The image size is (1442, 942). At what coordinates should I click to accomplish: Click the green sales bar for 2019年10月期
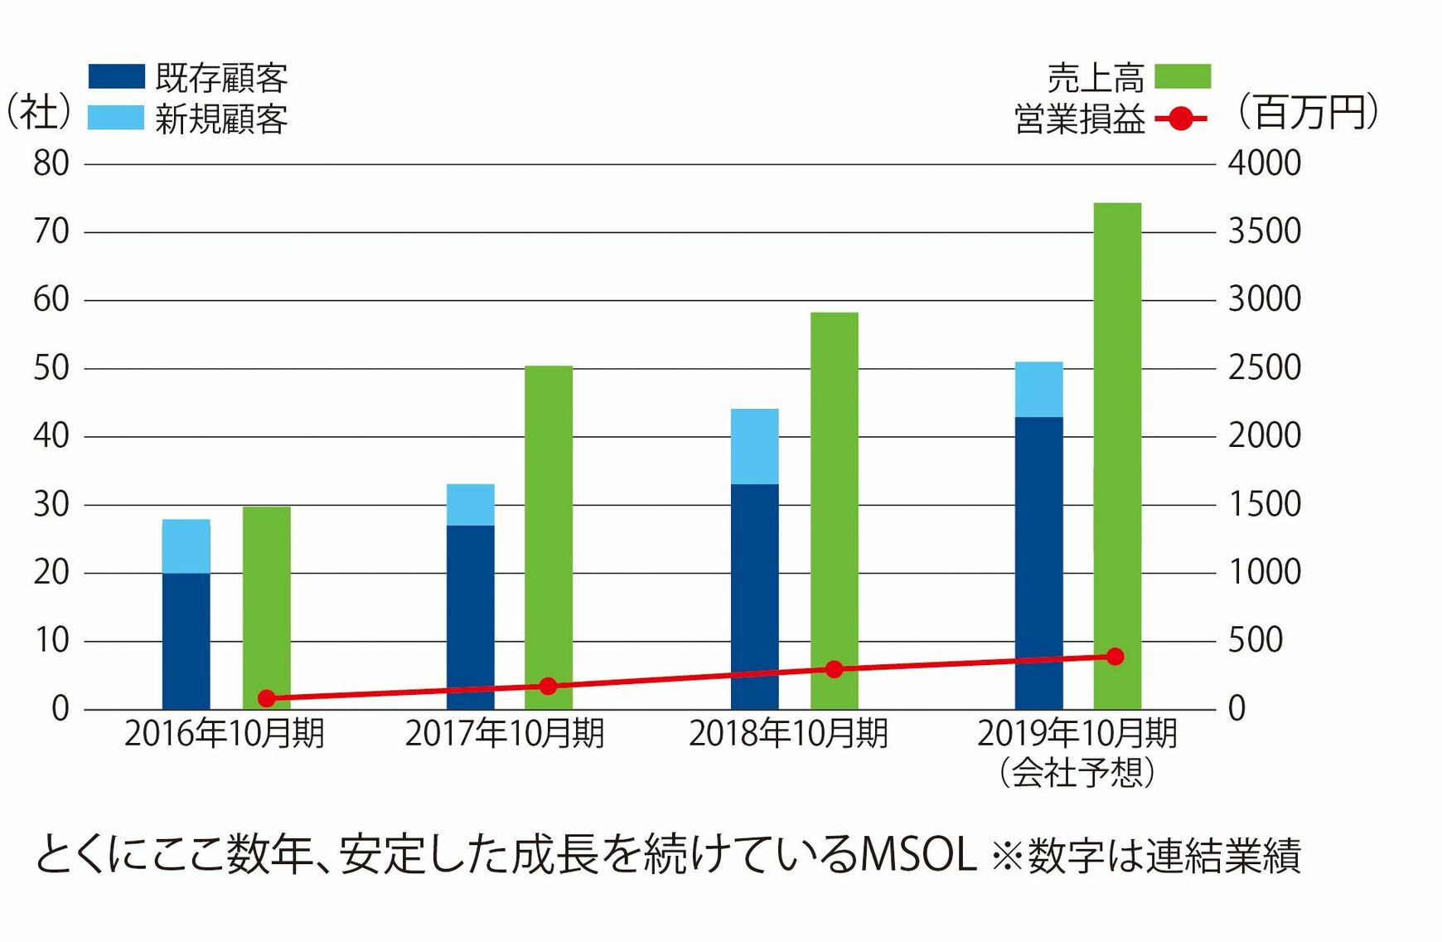[x=1117, y=456]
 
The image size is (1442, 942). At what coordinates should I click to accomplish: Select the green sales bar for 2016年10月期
[x=267, y=608]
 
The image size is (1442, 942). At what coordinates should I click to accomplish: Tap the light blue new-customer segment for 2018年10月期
[x=755, y=447]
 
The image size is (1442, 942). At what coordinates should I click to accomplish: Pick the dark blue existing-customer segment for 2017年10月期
[x=471, y=618]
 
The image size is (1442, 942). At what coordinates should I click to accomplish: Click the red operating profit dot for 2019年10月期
[x=1115, y=657]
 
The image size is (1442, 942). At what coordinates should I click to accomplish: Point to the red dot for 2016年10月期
[x=267, y=698]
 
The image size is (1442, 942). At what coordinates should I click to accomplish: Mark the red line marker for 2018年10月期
[x=835, y=669]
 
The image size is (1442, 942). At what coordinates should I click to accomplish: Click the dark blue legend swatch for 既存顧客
[x=116, y=76]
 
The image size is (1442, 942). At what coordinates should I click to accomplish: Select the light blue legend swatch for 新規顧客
[x=116, y=118]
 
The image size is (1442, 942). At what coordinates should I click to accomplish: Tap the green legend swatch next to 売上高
[x=1183, y=76]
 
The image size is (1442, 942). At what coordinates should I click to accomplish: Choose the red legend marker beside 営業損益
[x=1181, y=119]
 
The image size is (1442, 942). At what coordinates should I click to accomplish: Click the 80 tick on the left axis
[x=51, y=163]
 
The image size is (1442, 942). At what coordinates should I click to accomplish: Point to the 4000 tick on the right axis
[x=1265, y=163]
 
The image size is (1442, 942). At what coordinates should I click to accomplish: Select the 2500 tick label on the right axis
[x=1265, y=368]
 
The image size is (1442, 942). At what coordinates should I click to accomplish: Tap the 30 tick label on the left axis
[x=51, y=504]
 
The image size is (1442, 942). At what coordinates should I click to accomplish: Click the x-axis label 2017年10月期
[x=505, y=734]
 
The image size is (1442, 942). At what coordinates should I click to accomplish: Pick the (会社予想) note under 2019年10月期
[x=1077, y=773]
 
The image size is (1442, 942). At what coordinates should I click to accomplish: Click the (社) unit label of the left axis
[x=38, y=112]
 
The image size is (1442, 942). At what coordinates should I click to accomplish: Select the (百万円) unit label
[x=1309, y=112]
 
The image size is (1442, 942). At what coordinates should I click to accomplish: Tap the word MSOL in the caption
[x=919, y=855]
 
